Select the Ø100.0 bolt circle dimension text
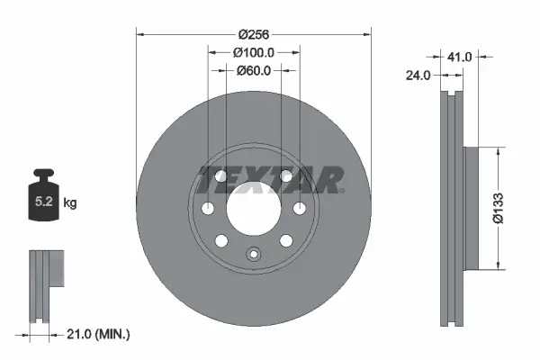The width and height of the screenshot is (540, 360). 253,52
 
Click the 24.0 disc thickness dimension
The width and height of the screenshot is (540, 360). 417,77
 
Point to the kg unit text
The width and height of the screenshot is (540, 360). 70,203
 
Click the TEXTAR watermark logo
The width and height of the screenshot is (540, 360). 269,179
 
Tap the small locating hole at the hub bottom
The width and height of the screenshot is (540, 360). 253,255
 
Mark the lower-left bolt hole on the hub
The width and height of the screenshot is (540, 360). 222,240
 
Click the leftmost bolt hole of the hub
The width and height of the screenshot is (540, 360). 208,210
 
